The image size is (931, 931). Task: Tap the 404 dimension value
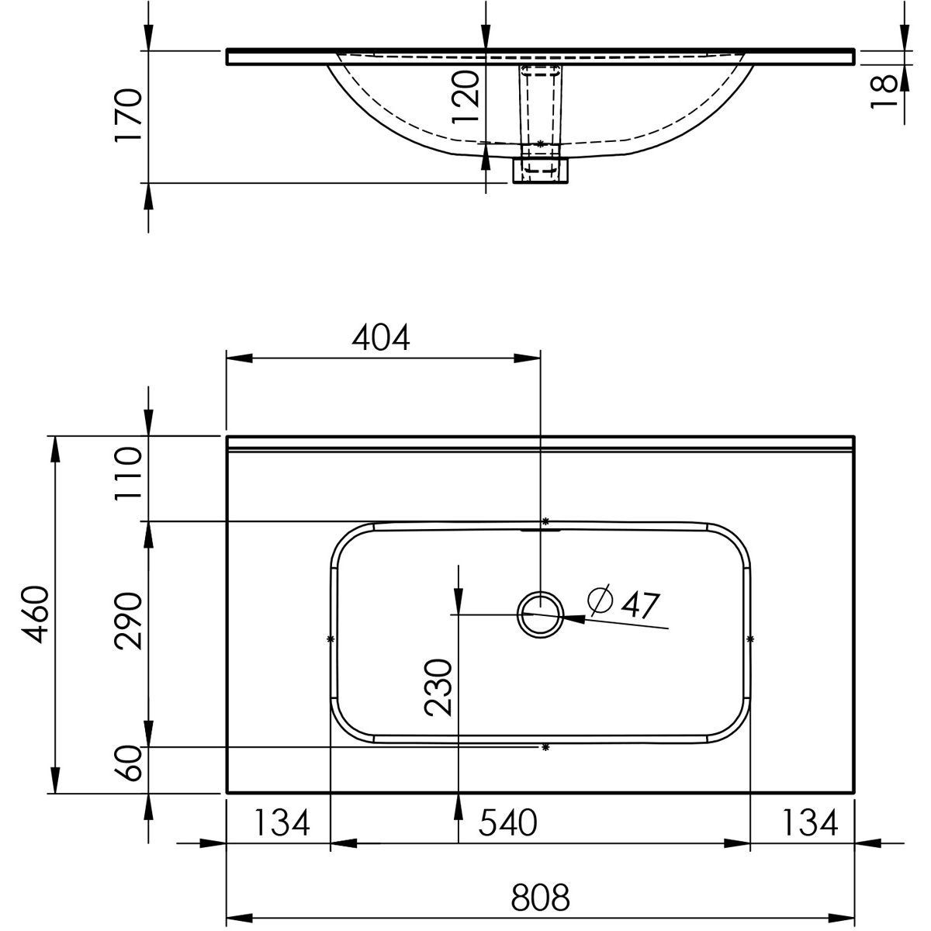pos(381,337)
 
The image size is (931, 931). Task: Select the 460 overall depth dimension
pos(36,615)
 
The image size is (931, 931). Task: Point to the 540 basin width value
pos(507,823)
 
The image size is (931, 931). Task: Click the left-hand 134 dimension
pos(282,823)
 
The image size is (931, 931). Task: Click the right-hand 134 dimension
pos(810,823)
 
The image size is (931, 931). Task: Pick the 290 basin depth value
pos(129,621)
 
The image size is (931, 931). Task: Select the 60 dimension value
pos(129,764)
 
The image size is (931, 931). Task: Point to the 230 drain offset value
pos(438,687)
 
